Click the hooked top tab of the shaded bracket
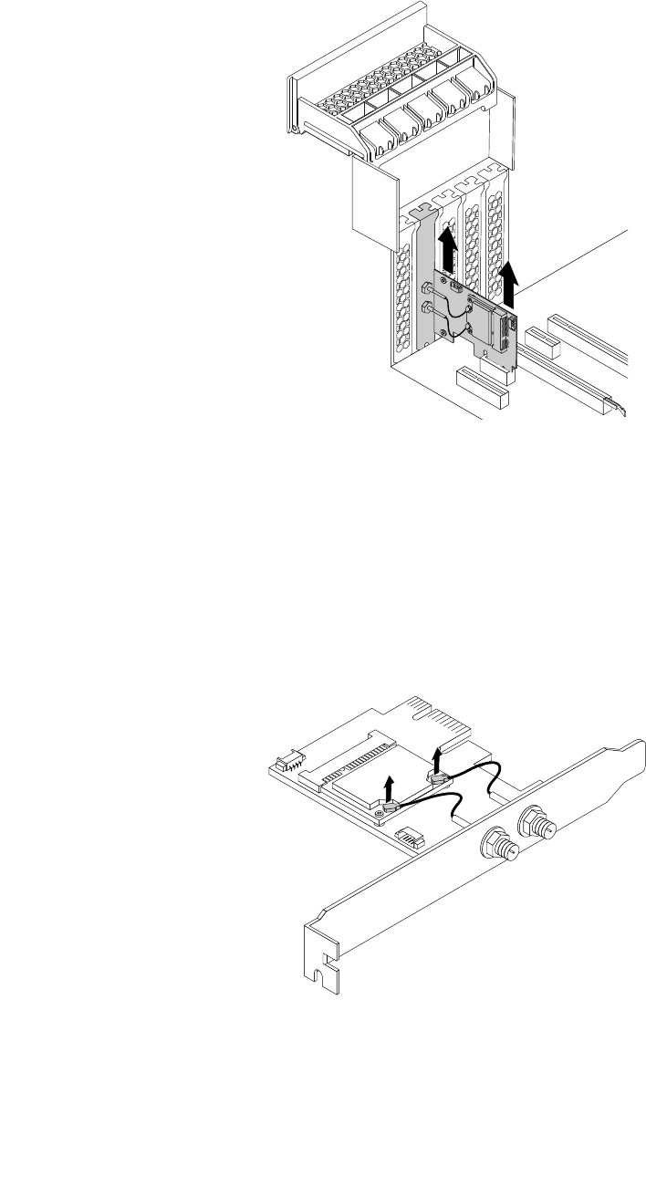click(422, 212)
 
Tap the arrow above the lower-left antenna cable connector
click(389, 785)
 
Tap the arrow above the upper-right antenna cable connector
click(438, 756)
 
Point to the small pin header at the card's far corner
click(287, 759)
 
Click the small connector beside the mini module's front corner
click(410, 832)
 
